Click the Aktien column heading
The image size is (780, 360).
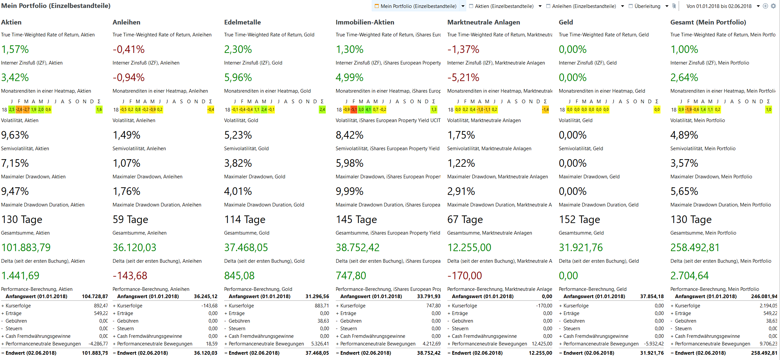click(11, 22)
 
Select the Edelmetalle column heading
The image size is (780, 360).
click(242, 22)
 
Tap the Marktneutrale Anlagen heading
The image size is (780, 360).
click(483, 22)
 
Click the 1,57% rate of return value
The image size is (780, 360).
click(15, 49)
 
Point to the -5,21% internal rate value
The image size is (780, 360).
click(463, 77)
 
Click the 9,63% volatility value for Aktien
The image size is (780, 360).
click(15, 135)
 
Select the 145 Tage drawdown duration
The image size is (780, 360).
click(356, 219)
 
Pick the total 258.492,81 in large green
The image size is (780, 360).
click(695, 247)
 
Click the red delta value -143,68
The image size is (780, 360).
click(130, 276)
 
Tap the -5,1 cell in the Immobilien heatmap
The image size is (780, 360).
click(354, 110)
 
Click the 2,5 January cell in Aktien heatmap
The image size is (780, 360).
click(12, 110)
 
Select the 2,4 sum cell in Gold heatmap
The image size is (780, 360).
click(322, 110)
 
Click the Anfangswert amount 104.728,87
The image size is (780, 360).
click(95, 296)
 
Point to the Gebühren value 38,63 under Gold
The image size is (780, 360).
click(323, 321)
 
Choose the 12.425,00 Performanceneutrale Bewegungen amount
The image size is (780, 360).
click(542, 344)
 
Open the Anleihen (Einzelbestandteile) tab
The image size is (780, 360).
click(584, 6)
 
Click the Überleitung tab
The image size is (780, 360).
click(647, 6)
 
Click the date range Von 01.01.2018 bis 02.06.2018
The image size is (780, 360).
click(719, 6)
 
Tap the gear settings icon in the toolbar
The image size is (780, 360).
click(773, 6)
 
